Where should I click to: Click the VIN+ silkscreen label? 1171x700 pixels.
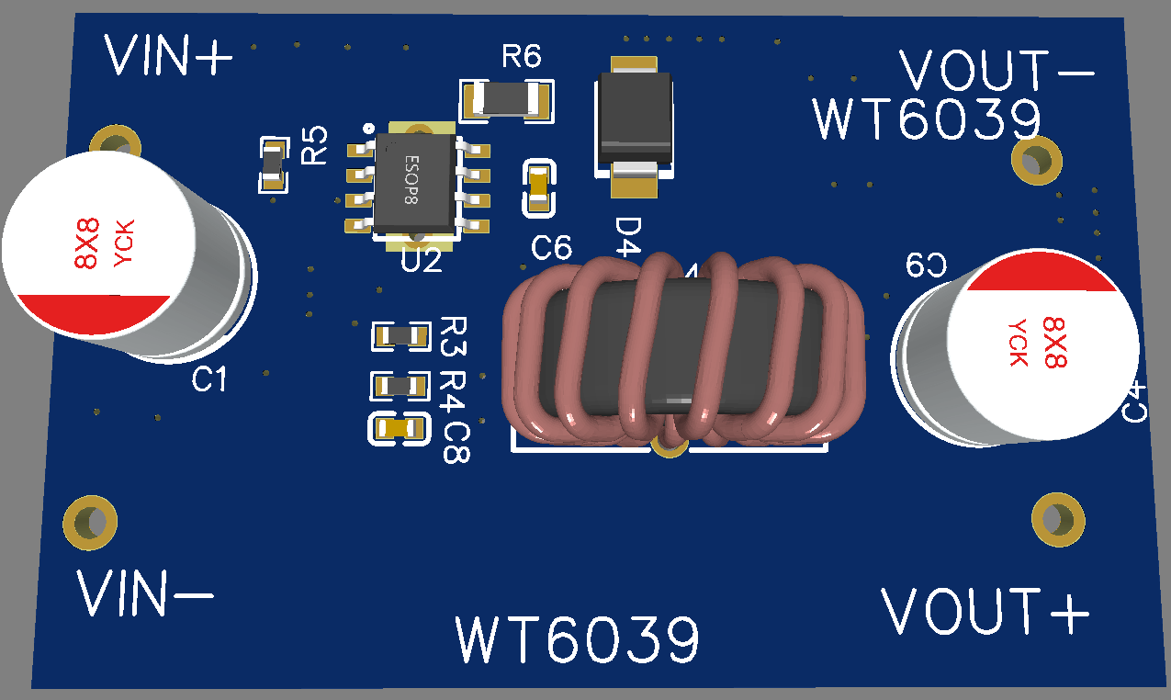click(169, 56)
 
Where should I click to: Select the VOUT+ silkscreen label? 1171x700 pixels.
click(985, 611)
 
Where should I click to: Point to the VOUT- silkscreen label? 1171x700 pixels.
click(996, 71)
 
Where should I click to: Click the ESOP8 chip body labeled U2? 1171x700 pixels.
click(415, 183)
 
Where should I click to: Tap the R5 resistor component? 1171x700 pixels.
click(273, 164)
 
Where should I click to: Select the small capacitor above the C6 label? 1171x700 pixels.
click(539, 188)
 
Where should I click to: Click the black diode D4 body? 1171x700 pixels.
click(633, 119)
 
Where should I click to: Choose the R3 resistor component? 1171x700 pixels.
click(400, 335)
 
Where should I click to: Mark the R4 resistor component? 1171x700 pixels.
click(400, 386)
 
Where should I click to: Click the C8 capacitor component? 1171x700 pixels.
click(399, 428)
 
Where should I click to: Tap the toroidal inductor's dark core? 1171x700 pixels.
click(680, 354)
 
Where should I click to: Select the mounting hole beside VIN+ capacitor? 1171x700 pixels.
click(116, 145)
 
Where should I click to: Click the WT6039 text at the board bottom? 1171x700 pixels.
click(578, 640)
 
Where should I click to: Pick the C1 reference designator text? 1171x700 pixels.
click(209, 379)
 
